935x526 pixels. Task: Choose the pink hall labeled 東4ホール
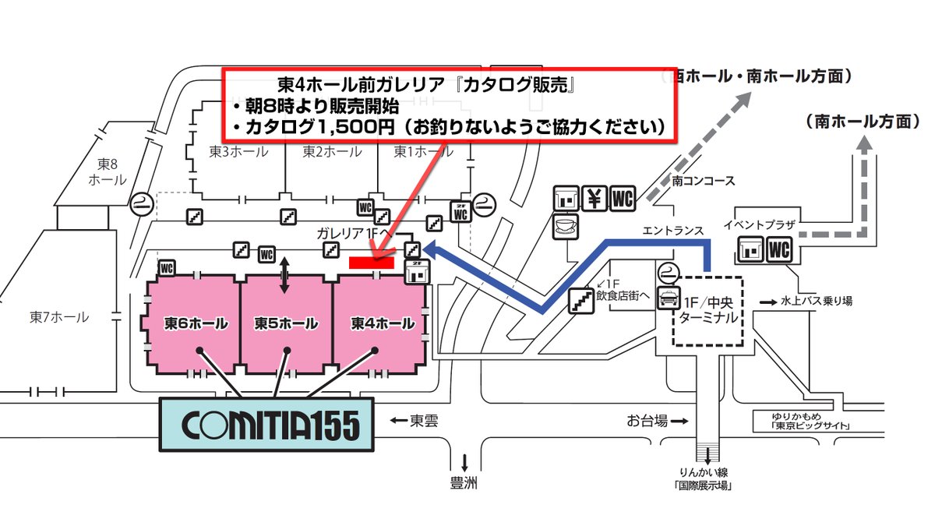coord(380,323)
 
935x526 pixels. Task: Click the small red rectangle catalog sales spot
coord(371,263)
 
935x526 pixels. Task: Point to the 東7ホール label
coord(59,318)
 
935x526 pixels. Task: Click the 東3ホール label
coord(239,151)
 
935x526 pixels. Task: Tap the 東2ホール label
coord(332,151)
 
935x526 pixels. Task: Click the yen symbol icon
coord(595,198)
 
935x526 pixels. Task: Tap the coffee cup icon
coord(564,226)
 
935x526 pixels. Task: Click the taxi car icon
coord(668,297)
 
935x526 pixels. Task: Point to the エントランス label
coord(673,231)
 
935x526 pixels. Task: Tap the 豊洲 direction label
coord(464,484)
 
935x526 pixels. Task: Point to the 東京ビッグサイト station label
coord(806,426)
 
